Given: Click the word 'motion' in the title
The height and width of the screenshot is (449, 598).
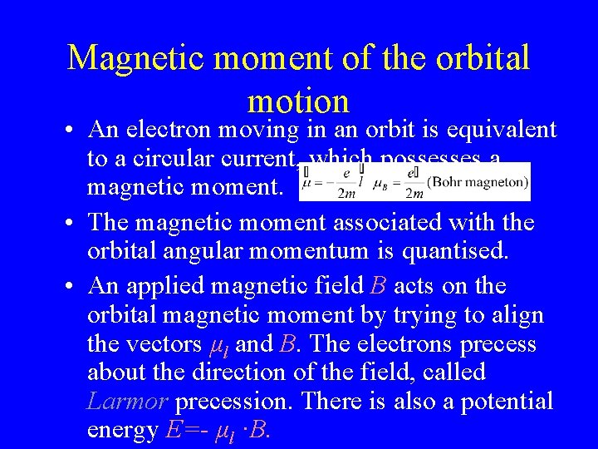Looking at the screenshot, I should (298, 101).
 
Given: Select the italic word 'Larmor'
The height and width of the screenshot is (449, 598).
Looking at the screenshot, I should (128, 402).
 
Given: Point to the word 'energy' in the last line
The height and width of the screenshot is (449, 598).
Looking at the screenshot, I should (122, 432).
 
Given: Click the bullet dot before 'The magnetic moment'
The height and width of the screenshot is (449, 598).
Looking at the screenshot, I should (73, 223).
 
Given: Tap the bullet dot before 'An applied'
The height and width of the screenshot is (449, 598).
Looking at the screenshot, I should (73, 285).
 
